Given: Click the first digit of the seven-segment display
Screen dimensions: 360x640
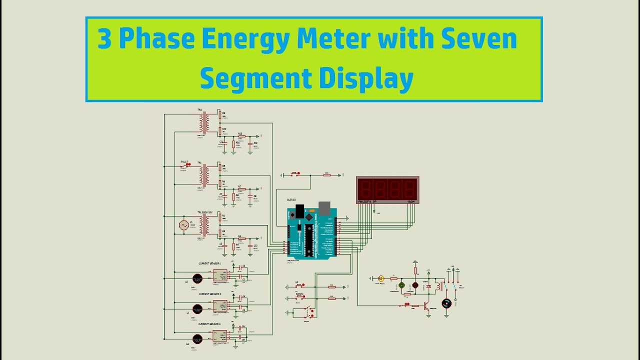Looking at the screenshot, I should point(364,188).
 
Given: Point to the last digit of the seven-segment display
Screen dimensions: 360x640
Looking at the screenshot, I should point(410,188).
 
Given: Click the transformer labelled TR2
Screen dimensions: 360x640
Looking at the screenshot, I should point(204,123).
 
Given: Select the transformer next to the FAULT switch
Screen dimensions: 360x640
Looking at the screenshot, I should point(204,175).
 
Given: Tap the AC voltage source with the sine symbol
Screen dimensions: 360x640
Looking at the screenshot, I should point(184,225).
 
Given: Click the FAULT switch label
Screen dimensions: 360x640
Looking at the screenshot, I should point(184,162).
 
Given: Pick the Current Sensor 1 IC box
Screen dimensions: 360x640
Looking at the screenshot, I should point(220,275).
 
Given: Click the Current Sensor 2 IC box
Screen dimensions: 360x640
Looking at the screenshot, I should point(220,306).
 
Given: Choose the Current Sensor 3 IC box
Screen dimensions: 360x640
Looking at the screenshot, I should point(220,336).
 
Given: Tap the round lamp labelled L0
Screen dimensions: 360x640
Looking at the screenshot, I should point(197,278).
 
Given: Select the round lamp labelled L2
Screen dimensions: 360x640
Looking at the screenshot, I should point(197,339).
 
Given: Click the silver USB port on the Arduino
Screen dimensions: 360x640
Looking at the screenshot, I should point(324,207).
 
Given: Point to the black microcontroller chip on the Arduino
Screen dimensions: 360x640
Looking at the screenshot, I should point(308,239).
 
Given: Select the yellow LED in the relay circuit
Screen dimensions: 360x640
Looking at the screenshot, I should point(381,278).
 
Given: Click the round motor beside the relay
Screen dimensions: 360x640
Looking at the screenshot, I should point(446,303).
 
